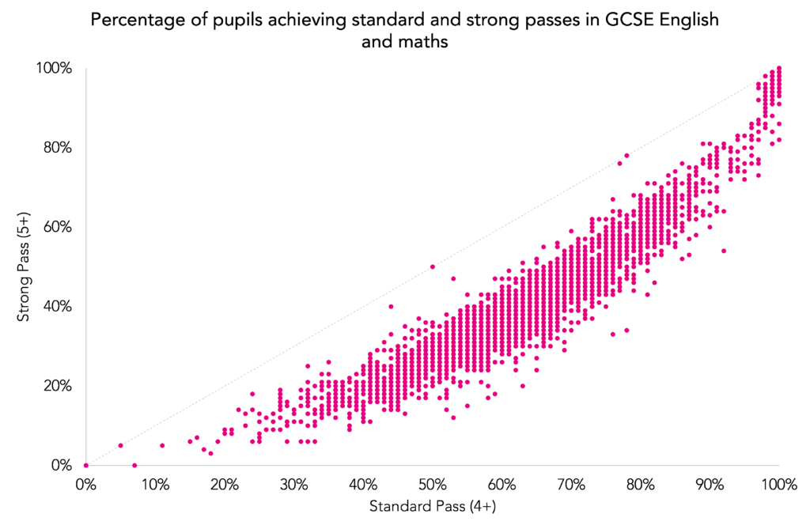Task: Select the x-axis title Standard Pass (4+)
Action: tap(432, 504)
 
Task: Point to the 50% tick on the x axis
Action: tap(432, 482)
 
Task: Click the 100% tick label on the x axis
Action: tap(778, 482)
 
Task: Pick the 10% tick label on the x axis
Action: tap(155, 482)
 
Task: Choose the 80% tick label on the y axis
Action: tap(57, 148)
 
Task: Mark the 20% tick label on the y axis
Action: tap(57, 386)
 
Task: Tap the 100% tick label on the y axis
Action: tap(54, 69)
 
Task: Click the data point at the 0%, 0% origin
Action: tap(86, 465)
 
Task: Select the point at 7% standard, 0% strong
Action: tap(134, 465)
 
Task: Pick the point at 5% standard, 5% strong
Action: tap(120, 445)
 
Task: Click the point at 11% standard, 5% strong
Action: tap(162, 445)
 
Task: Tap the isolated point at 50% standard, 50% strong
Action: tap(432, 266)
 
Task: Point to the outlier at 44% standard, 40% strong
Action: tap(391, 306)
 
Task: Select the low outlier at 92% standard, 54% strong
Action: tap(723, 251)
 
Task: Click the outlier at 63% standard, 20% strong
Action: tap(522, 386)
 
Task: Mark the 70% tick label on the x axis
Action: tap(570, 482)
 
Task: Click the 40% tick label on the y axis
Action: tap(57, 306)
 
